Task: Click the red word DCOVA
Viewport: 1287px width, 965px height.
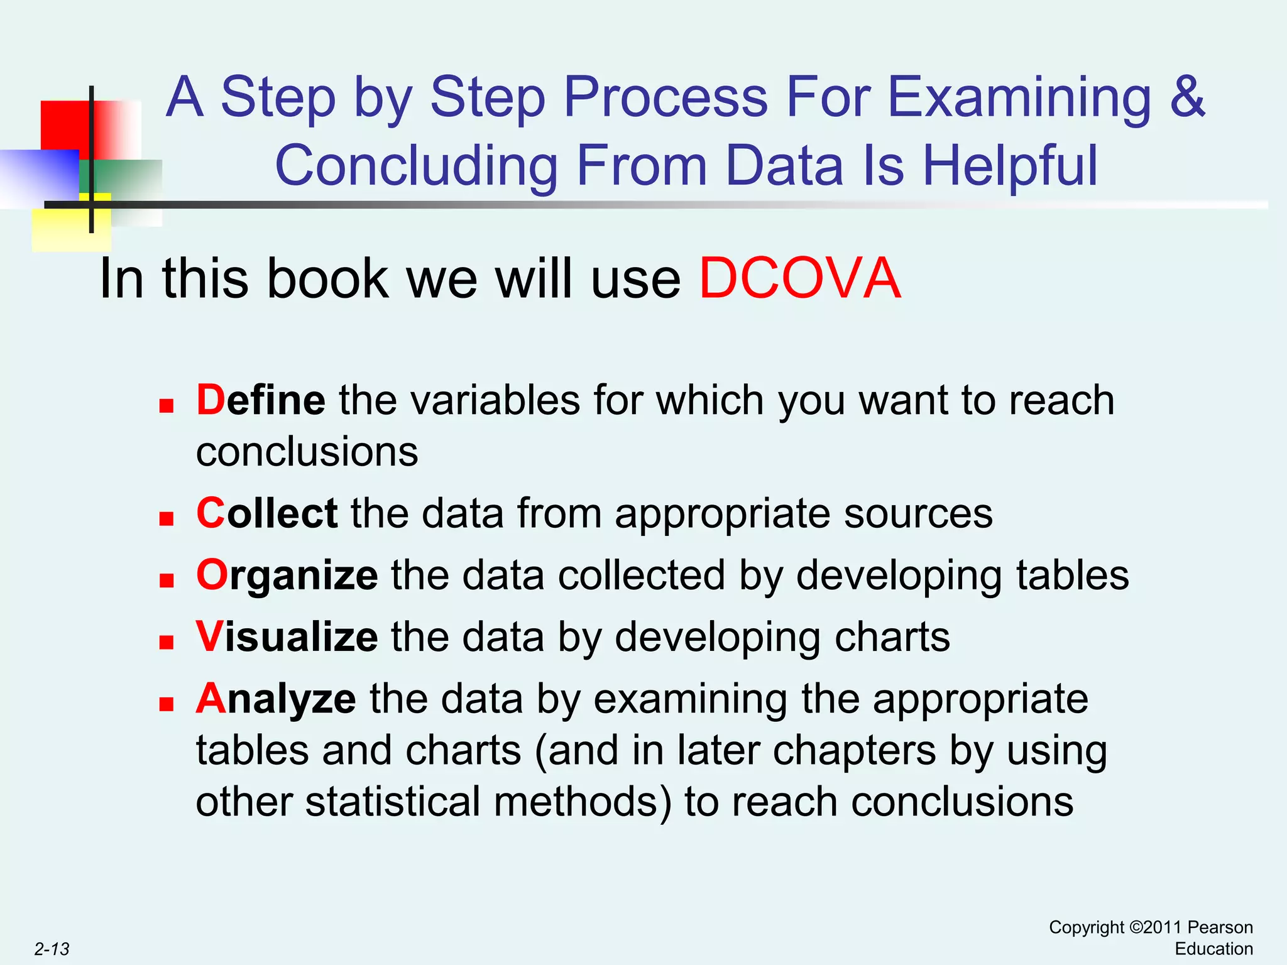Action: click(800, 278)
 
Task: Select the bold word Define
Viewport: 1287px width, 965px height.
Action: click(261, 400)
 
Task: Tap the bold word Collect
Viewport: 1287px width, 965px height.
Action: click(267, 513)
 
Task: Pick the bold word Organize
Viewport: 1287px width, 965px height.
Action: click(287, 575)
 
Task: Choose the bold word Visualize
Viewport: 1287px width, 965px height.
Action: click(287, 637)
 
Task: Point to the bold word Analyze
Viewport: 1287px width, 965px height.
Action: click(276, 699)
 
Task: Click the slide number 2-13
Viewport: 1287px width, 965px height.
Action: click(52, 949)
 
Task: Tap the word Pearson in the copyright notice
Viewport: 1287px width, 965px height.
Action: click(1220, 927)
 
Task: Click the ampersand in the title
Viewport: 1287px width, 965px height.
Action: click(1187, 97)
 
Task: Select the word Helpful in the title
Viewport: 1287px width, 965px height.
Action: click(1010, 166)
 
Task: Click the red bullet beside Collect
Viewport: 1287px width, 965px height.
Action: click(166, 518)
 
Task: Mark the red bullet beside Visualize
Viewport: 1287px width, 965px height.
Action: click(166, 642)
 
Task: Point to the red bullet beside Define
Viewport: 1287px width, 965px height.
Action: click(166, 406)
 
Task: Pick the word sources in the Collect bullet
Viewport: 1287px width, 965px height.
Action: click(918, 513)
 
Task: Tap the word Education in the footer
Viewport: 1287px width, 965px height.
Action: click(1213, 949)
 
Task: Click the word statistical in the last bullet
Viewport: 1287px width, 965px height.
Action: click(393, 802)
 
